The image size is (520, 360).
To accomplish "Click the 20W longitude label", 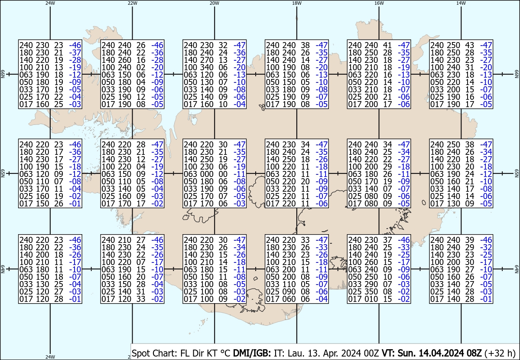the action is point(214,3).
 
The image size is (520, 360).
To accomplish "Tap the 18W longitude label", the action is point(297,3).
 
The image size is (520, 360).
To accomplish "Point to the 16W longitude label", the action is point(379,3).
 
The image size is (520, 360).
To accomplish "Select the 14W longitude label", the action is point(461,3).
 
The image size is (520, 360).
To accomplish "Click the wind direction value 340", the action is point(207,67).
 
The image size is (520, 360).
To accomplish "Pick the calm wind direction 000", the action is point(207,174).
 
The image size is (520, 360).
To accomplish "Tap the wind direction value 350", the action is point(371,291).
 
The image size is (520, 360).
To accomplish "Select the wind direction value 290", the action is point(371,284).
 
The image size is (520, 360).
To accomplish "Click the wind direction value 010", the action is point(371,299).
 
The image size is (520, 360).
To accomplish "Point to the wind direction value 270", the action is point(207,60).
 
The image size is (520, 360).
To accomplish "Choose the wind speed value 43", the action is point(470,45).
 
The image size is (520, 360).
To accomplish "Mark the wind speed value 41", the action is point(387,45).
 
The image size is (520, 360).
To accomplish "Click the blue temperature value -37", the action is point(75,52).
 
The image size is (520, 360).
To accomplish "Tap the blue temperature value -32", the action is point(486,247).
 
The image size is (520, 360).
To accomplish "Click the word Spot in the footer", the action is point(140,353).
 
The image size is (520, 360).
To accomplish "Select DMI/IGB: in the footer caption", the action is point(252,353).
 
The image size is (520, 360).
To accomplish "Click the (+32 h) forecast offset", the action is point(500,353).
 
